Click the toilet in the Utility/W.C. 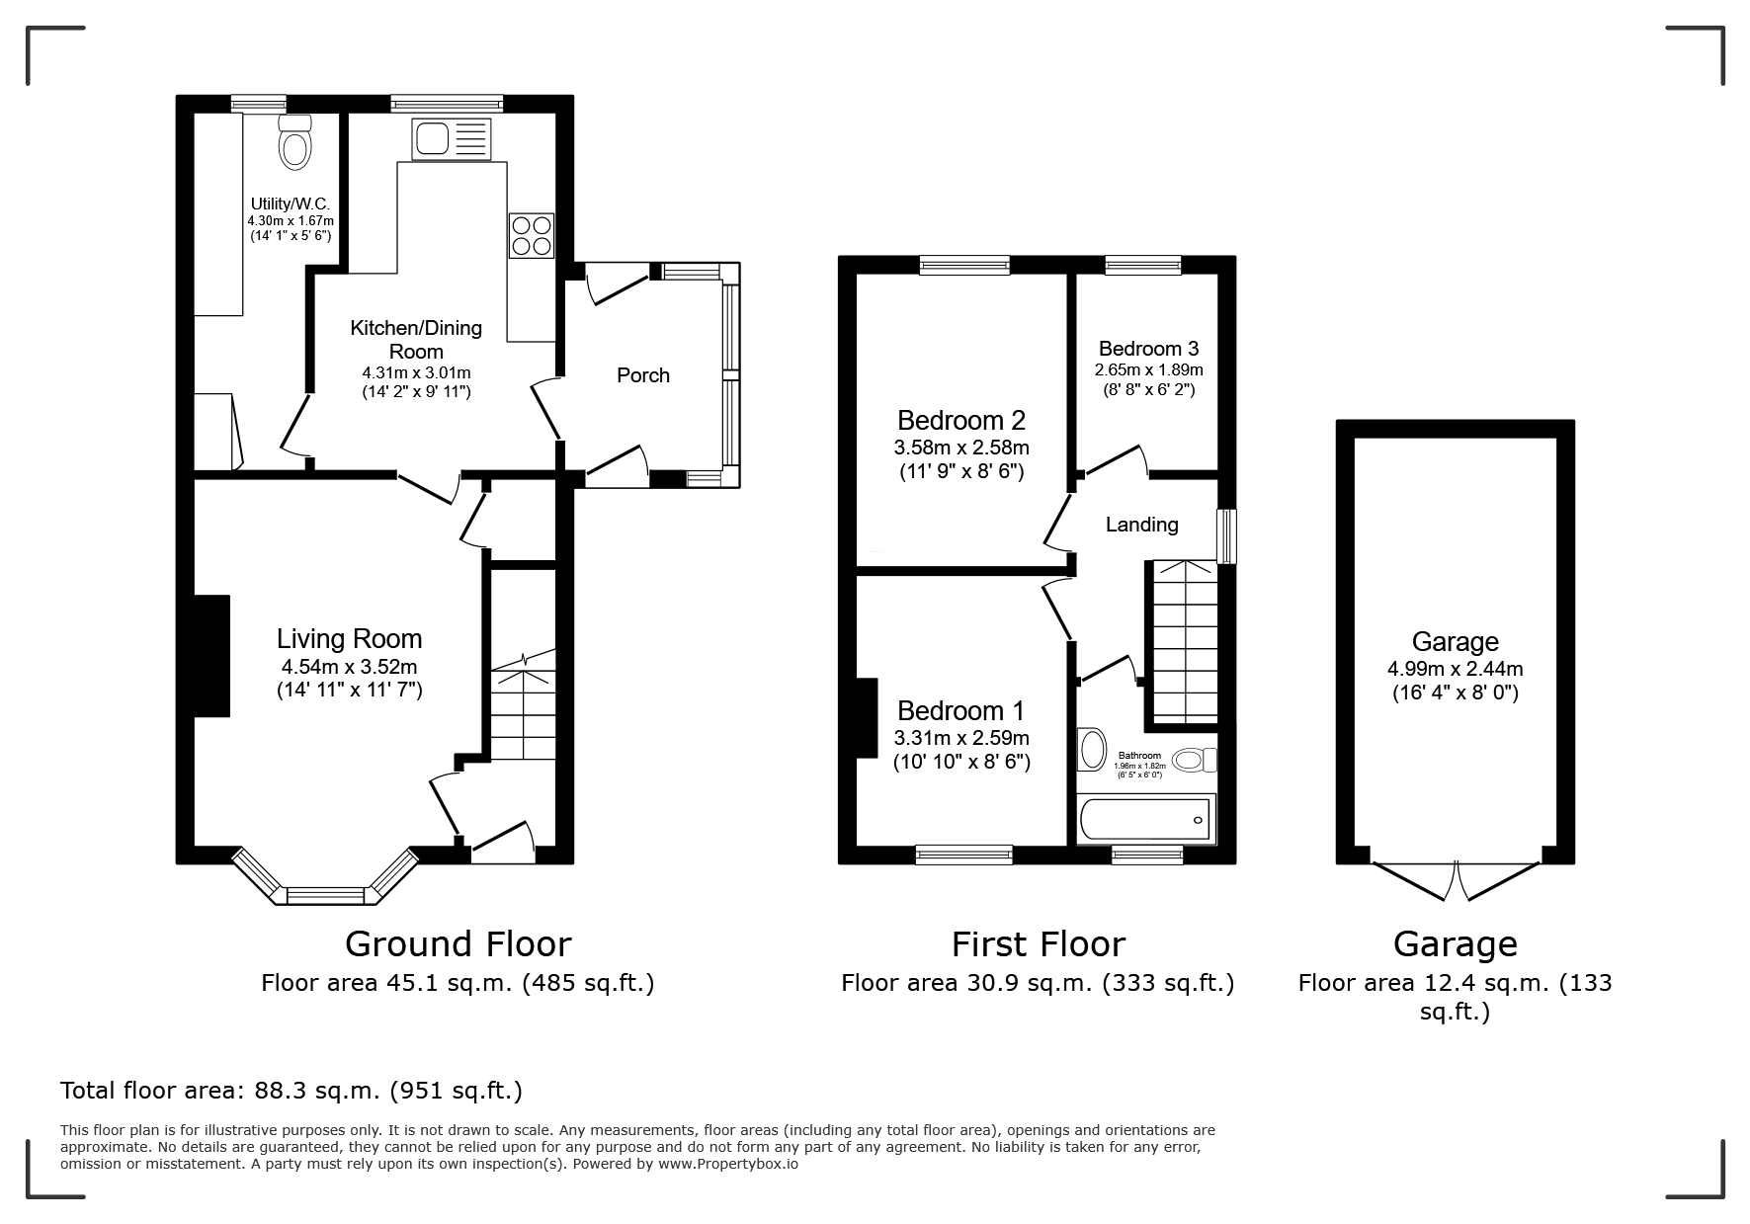(x=295, y=142)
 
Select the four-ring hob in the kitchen (x=532, y=235)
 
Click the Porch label (x=643, y=375)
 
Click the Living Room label (x=350, y=639)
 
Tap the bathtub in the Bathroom (x=1146, y=820)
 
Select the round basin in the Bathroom (x=1093, y=750)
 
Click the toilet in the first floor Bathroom (x=1196, y=760)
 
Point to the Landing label (x=1142, y=525)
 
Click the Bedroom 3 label (x=1149, y=349)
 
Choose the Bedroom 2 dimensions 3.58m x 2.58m (x=960, y=448)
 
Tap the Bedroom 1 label (x=961, y=711)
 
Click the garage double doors (x=1458, y=879)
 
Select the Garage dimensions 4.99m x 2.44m (x=1456, y=669)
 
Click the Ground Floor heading (x=458, y=944)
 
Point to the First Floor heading (x=1039, y=944)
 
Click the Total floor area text (x=292, y=1091)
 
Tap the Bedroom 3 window (x=1143, y=264)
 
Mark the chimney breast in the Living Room (x=211, y=656)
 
